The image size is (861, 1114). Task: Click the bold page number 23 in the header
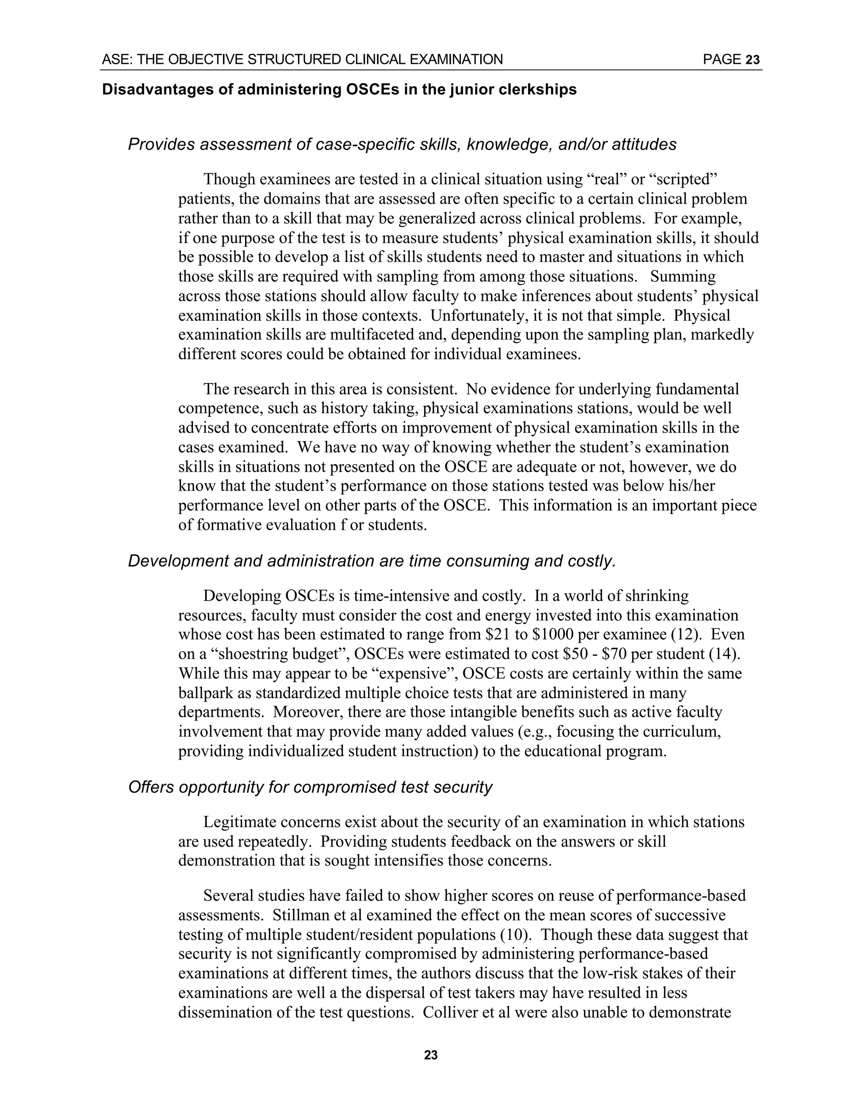[753, 60]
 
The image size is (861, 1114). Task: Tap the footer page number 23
[430, 1055]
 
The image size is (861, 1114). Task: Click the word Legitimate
[239, 822]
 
